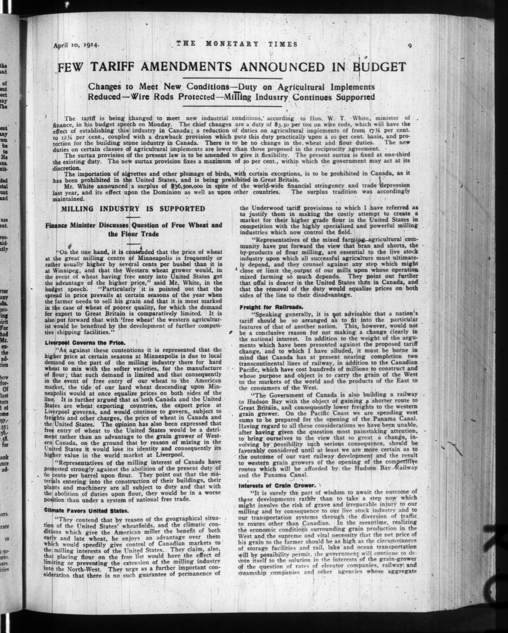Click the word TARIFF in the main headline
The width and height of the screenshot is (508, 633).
click(x=112, y=67)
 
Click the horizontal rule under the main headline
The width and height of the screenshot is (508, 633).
click(x=232, y=78)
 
